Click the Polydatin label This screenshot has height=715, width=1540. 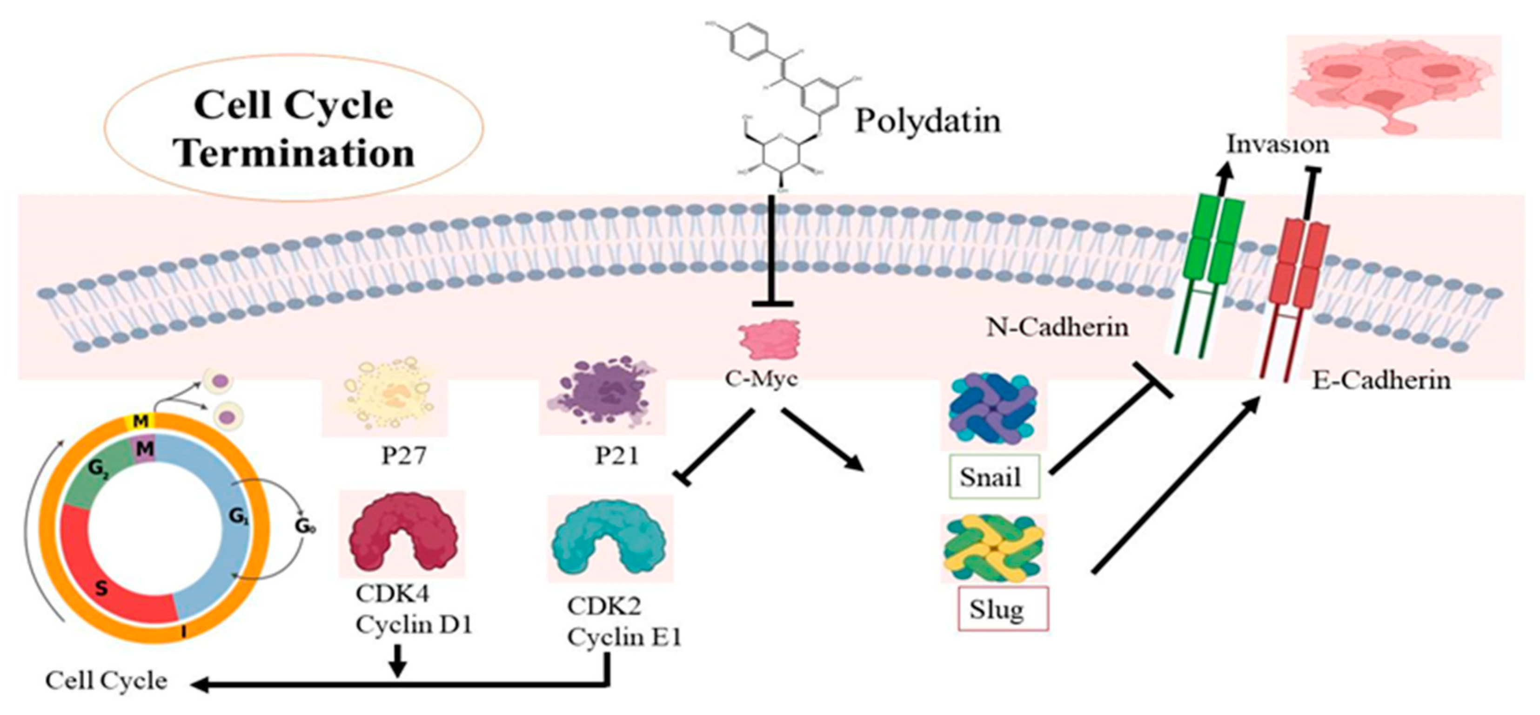tap(928, 121)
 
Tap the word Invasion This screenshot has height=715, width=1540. tap(1278, 144)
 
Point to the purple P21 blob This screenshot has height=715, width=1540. tap(604, 394)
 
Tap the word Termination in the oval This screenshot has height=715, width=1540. tap(294, 153)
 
